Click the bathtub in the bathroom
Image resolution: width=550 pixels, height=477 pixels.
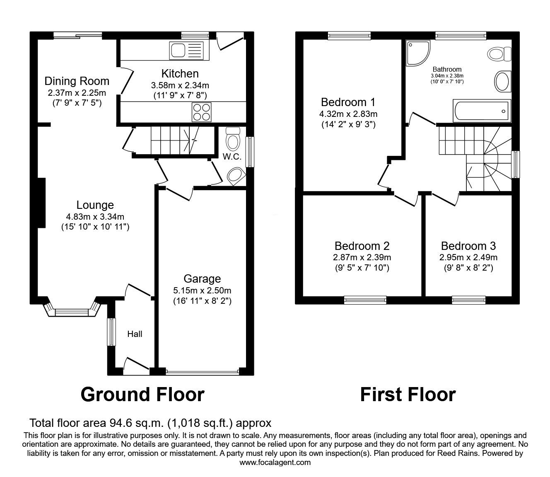coord(482,111)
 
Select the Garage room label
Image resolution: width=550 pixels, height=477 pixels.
coord(203,278)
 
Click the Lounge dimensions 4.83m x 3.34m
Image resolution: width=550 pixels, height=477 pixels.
coord(95,216)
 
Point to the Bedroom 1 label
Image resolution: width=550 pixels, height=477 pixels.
coord(348,102)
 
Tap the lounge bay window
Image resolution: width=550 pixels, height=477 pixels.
coord(72,311)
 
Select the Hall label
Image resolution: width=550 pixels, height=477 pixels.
coord(135,334)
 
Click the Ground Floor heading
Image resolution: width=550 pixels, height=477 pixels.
coord(142,394)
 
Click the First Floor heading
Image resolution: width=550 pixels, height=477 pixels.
coord(408,394)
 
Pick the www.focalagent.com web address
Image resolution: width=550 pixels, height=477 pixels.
coord(275,462)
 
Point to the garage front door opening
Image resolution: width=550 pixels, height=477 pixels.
coord(202,372)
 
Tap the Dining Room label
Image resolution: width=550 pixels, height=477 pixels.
coord(77,81)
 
